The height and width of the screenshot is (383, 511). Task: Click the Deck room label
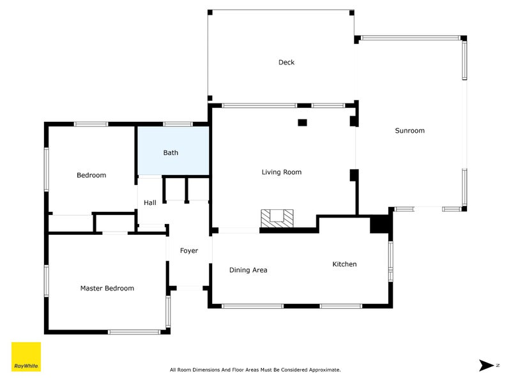click(286, 63)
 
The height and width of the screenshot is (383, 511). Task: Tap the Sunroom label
click(409, 131)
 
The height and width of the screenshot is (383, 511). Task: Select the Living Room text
click(281, 172)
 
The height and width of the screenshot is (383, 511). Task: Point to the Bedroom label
click(91, 176)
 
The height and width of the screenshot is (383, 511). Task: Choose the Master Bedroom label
click(107, 289)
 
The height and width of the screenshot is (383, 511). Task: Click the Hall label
click(150, 203)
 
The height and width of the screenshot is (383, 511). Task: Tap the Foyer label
click(188, 251)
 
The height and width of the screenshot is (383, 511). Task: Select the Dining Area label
click(248, 270)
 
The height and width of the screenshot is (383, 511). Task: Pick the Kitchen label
click(344, 264)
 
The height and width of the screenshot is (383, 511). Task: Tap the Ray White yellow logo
click(26, 357)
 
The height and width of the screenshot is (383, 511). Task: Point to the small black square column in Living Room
click(303, 123)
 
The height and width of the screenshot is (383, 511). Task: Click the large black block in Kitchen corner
click(380, 223)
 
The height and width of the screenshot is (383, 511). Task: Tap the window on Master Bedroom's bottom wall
click(134, 331)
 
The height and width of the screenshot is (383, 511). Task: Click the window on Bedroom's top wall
click(91, 124)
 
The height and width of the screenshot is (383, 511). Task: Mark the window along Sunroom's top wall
click(408, 38)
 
